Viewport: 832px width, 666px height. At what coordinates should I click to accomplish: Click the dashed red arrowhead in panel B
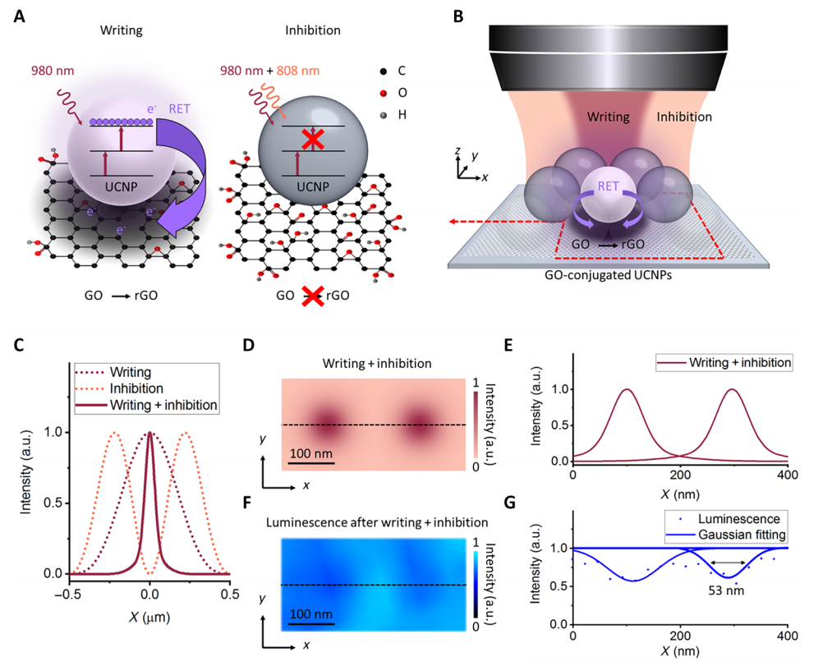pos(453,222)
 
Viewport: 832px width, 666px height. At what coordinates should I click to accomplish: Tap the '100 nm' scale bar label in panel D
pos(310,452)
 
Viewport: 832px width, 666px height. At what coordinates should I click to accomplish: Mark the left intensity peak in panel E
pos(627,390)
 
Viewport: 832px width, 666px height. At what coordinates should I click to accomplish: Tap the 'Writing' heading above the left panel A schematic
pos(121,31)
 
